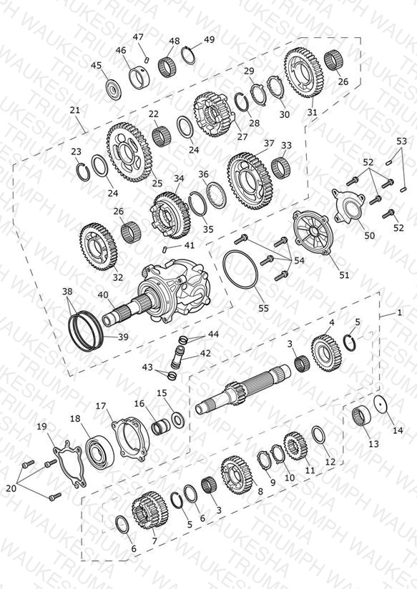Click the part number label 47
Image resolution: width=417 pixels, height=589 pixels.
tap(138, 37)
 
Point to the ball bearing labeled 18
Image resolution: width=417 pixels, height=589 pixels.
tap(99, 451)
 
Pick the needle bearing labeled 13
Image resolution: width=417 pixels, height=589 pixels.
tap(361, 416)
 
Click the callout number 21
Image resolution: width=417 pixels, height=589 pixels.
tap(75, 110)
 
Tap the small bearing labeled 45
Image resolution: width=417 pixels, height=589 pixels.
tap(113, 90)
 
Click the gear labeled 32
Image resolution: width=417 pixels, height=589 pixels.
tap(98, 247)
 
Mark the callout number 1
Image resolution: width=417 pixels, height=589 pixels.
tap(399, 312)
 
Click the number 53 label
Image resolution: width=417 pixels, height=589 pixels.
tap(401, 142)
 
